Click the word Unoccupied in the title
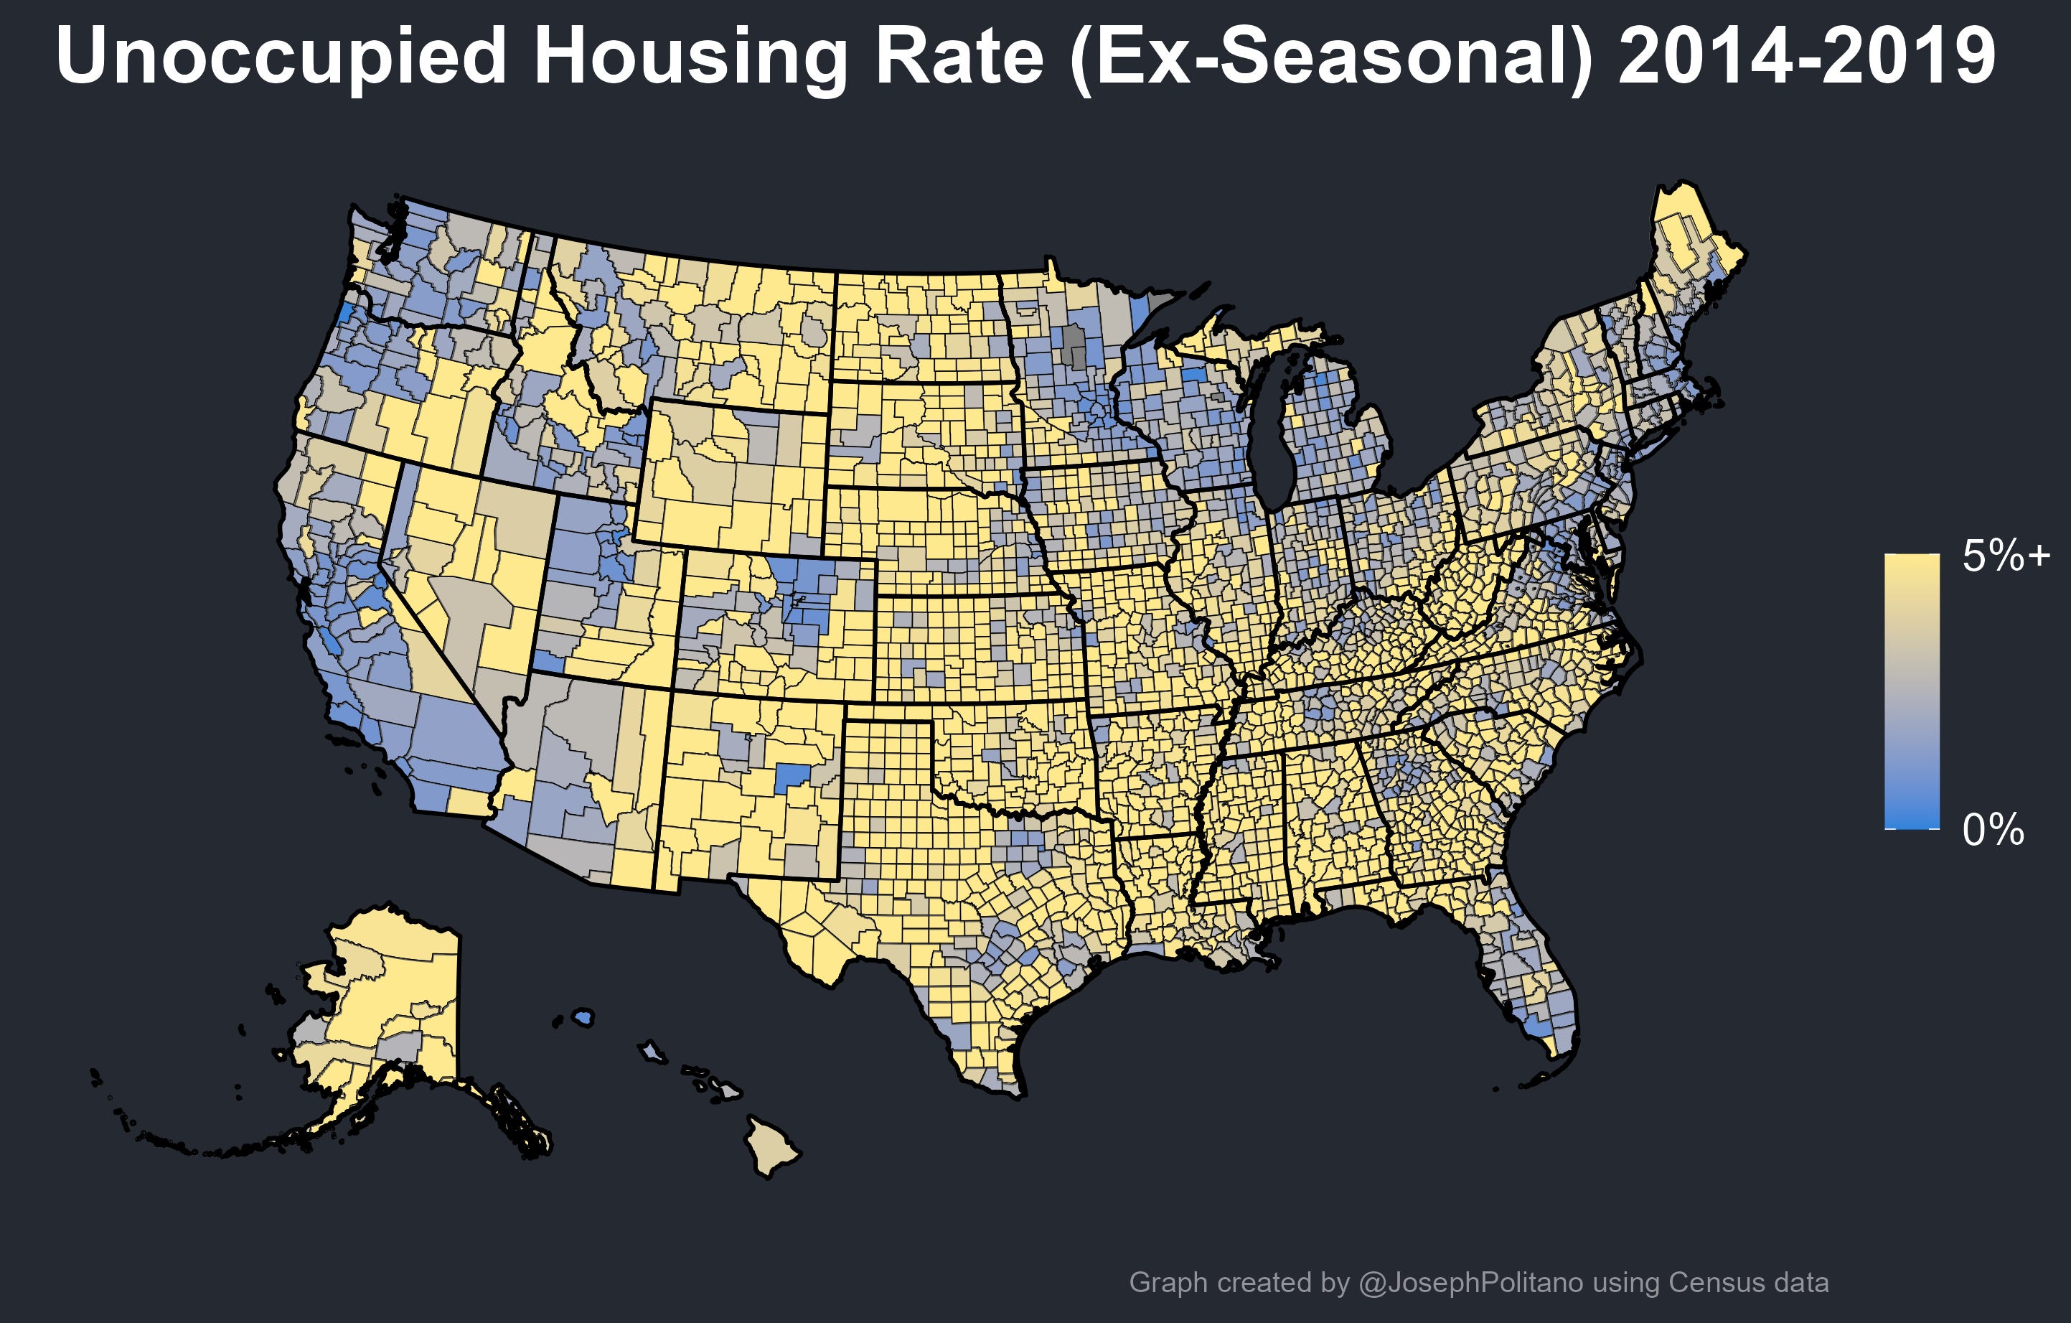(282, 56)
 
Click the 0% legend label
(1993, 830)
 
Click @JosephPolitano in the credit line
(1470, 1283)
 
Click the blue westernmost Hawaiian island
(583, 1018)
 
